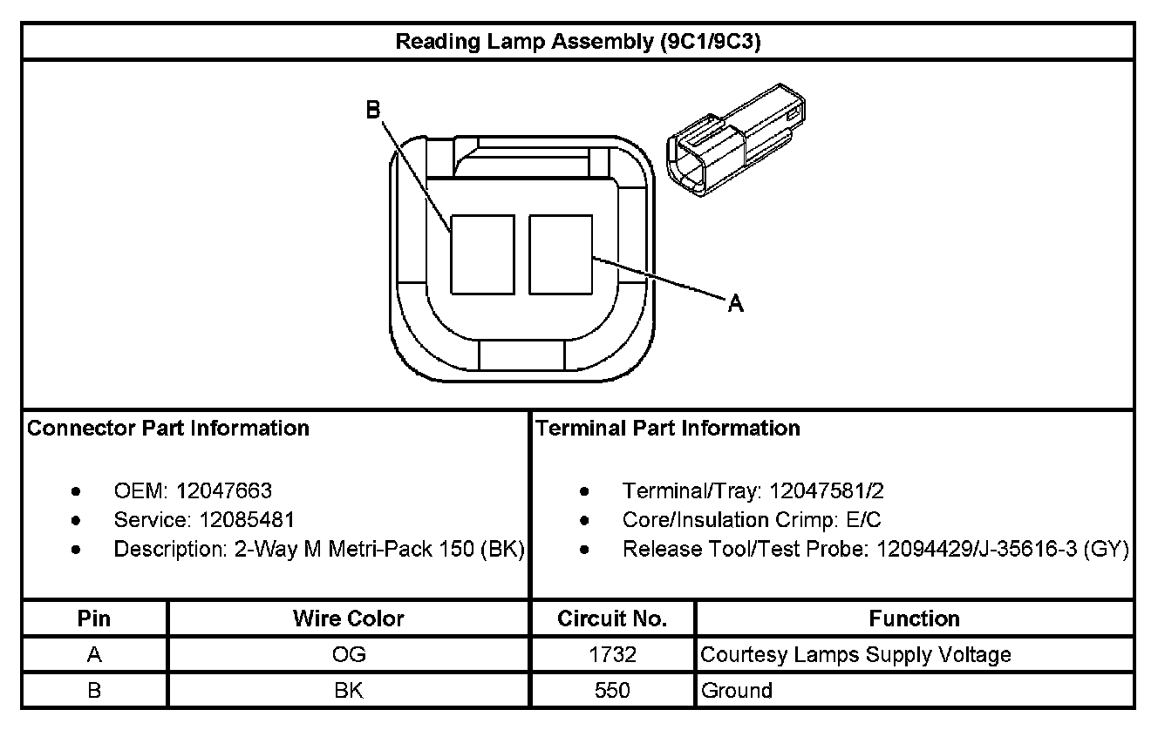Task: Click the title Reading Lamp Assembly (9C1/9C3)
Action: (x=578, y=41)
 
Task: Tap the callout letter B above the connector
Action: (x=373, y=110)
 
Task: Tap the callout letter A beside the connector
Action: (x=736, y=303)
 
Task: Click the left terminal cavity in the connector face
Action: (x=482, y=254)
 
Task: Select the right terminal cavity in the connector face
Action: (x=561, y=254)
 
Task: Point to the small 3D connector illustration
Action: (x=736, y=140)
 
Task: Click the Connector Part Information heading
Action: (x=168, y=429)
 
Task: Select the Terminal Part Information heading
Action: (x=667, y=429)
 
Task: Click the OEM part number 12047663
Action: (x=224, y=490)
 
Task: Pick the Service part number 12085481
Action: (x=247, y=520)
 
